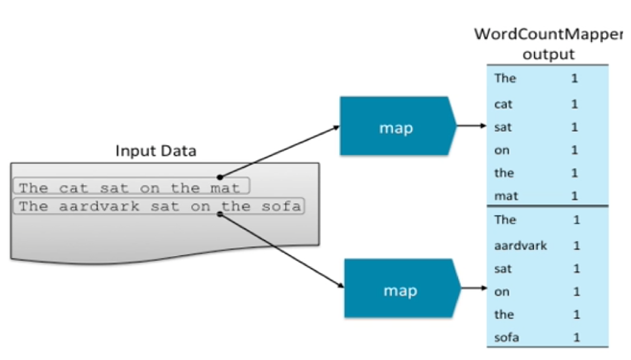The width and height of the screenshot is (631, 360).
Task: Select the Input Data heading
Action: [156, 151]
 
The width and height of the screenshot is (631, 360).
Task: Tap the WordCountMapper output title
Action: [548, 43]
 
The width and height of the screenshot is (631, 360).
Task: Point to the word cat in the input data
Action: [73, 188]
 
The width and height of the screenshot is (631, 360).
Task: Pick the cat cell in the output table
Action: [503, 104]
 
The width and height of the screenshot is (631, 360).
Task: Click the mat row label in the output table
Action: [506, 196]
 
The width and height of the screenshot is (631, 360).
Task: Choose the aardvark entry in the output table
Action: [520, 245]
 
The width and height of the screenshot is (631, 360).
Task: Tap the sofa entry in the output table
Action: [507, 338]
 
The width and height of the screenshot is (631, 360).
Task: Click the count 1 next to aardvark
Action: [577, 245]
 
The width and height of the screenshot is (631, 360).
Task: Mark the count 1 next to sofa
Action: [577, 338]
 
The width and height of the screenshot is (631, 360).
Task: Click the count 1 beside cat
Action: [574, 104]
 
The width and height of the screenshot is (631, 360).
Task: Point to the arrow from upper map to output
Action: [471, 126]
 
